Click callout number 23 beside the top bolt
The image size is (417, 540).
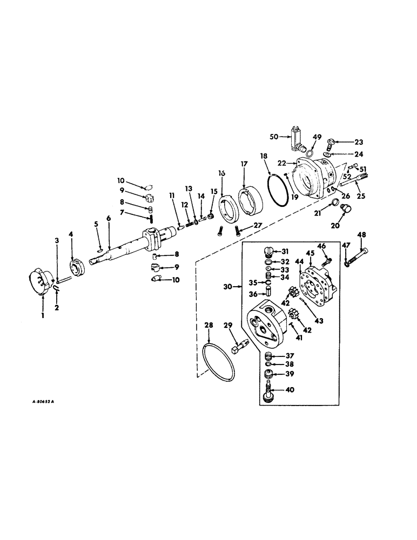tap(358, 143)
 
